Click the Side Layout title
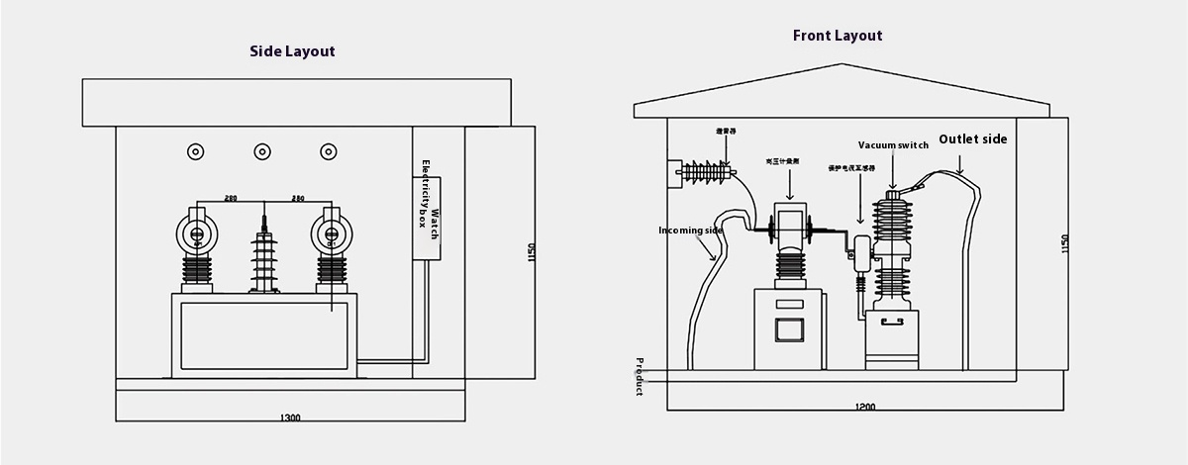[x=292, y=51]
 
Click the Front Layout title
[x=837, y=36]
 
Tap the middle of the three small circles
[x=262, y=151]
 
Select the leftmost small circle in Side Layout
[x=196, y=151]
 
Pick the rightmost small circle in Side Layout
[x=329, y=151]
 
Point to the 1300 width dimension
[x=291, y=418]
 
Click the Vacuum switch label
[x=893, y=145]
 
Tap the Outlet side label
[x=972, y=139]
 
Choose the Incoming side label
[x=691, y=231]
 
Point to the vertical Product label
[x=640, y=376]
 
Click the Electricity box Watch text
[x=428, y=218]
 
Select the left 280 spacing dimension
[x=230, y=199]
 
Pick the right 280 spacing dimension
[x=296, y=199]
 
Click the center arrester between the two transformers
[x=263, y=259]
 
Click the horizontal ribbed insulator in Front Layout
[x=708, y=172]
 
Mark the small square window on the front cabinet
[x=790, y=330]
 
